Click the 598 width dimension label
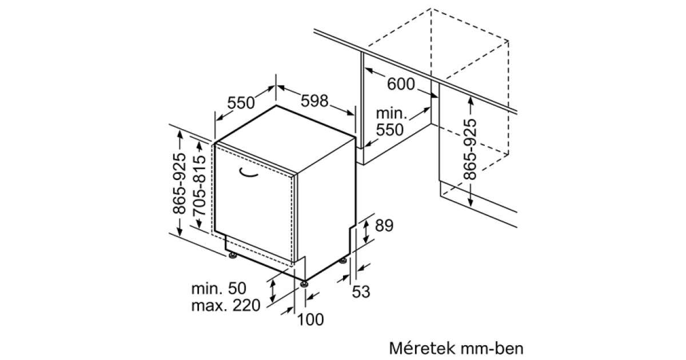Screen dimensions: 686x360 click(314, 101)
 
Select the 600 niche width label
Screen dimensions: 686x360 click(401, 84)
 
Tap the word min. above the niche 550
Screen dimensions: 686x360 click(392, 114)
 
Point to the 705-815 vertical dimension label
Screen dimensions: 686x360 click(200, 186)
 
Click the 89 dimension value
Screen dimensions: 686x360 click(384, 226)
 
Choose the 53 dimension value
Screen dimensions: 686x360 click(361, 291)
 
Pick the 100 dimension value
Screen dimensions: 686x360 click(310, 319)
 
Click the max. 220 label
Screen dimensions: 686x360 click(226, 305)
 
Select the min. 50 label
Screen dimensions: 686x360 click(218, 289)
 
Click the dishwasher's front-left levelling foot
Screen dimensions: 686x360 click(233, 255)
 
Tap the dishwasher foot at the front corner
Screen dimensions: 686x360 click(304, 284)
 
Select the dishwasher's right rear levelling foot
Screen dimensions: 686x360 click(343, 261)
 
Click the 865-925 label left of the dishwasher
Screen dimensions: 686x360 click(179, 183)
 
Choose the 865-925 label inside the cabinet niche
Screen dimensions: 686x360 click(470, 149)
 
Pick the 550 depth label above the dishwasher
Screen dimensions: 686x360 click(241, 102)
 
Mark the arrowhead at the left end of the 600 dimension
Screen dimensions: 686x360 click(368, 70)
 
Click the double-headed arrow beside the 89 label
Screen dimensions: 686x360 click(366, 232)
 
